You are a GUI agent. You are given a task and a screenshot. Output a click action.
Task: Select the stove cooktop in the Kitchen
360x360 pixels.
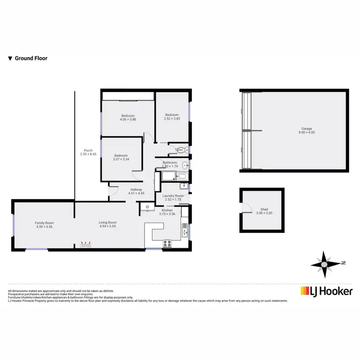click(168, 243)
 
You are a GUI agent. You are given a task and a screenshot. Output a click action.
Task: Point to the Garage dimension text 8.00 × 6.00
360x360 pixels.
click(307, 132)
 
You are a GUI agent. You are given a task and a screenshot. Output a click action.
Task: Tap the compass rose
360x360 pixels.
click(325, 264)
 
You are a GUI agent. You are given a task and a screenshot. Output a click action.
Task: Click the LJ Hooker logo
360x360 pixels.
click(326, 291)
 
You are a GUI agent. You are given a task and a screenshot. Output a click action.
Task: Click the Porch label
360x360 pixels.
click(88, 150)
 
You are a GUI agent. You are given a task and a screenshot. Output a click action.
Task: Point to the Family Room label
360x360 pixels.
click(44, 223)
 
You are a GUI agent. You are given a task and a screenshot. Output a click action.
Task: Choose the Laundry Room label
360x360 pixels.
click(173, 196)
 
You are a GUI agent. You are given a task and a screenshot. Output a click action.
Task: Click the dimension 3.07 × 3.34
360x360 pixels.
click(121, 159)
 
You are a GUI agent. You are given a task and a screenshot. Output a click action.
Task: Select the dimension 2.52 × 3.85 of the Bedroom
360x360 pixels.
click(172, 119)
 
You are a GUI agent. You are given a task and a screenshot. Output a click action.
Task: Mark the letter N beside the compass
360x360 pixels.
click(343, 263)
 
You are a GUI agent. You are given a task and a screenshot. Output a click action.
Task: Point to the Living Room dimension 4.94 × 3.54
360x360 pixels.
click(108, 227)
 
